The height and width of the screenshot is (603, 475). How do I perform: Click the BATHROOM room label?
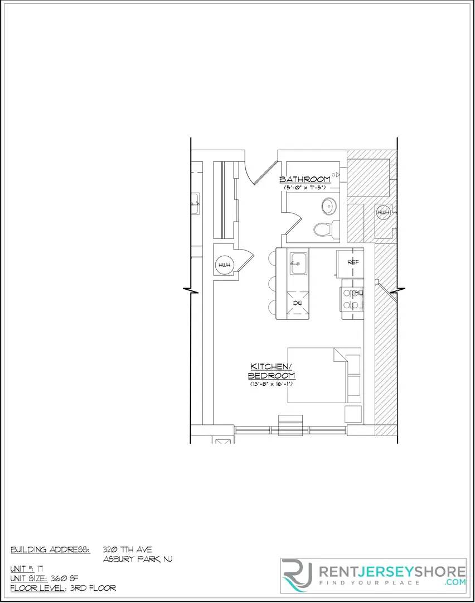point(304,179)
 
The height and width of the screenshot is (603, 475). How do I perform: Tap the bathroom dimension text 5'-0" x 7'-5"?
point(304,188)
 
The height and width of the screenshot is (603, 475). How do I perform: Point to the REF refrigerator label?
point(352,262)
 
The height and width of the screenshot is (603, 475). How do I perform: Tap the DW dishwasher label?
point(298,303)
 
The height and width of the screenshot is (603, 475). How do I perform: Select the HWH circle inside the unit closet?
point(224,265)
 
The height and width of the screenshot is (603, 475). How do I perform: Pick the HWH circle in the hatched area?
point(383,212)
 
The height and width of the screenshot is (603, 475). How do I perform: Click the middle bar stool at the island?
point(273,283)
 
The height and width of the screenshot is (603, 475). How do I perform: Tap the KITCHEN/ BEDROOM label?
point(272,371)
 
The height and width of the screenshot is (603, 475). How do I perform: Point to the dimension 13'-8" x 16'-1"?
point(272,384)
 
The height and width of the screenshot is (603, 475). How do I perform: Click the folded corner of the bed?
point(340,355)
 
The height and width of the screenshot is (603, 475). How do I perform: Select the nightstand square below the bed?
point(352,414)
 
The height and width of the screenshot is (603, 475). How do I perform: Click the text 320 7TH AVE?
point(127,550)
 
